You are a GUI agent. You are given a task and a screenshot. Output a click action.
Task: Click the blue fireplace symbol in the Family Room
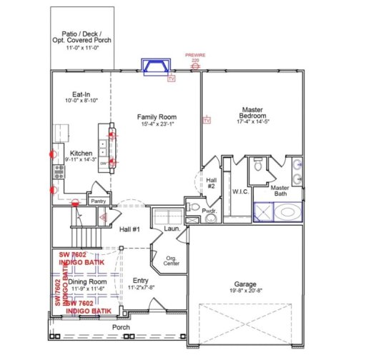[157, 67]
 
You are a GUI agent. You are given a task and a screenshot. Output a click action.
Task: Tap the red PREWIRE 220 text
[194, 58]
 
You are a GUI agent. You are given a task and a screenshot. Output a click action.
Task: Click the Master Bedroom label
[252, 113]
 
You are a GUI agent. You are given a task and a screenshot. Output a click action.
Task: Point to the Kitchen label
[81, 152]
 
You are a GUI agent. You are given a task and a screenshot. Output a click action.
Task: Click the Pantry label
[98, 201]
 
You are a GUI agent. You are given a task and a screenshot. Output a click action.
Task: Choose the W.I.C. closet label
[239, 191]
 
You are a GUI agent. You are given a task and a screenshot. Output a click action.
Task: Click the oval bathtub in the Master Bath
[290, 213]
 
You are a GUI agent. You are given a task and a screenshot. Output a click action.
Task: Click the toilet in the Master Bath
[259, 166]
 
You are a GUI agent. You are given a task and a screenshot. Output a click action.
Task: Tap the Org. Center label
[172, 261]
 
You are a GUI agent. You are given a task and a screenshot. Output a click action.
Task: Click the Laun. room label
[171, 229]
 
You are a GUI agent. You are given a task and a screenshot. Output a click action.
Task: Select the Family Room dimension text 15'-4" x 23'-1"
[157, 126]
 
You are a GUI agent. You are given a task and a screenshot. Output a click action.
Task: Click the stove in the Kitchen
[58, 171]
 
